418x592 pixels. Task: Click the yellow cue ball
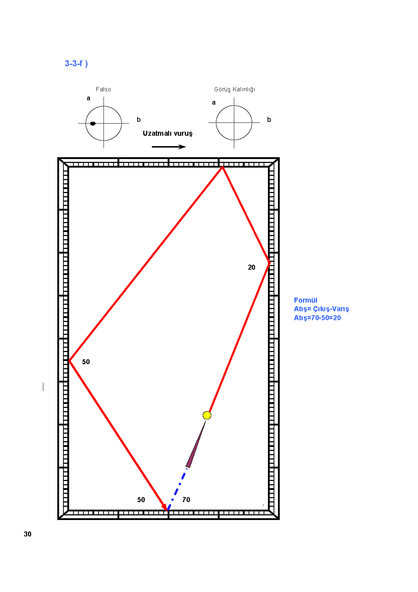(207, 415)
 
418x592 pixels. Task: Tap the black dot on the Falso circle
(93, 124)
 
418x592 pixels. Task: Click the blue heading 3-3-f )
(76, 63)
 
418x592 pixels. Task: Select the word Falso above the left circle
(104, 89)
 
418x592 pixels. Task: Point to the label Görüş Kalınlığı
(235, 90)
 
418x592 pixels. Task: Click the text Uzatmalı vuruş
(168, 133)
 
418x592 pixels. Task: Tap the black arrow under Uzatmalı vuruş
(169, 147)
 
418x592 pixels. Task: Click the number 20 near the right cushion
(251, 267)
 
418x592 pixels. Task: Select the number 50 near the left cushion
(86, 362)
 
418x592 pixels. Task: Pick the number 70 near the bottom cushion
(186, 500)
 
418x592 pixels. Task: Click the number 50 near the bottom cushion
(141, 500)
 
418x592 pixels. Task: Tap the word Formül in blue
(306, 300)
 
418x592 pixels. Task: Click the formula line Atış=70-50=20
(317, 318)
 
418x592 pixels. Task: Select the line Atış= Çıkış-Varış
(321, 309)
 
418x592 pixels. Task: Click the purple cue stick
(196, 444)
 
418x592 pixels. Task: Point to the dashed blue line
(177, 489)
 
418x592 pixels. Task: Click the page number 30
(28, 534)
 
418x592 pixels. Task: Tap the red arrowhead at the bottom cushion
(165, 507)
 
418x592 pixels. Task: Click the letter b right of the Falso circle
(139, 120)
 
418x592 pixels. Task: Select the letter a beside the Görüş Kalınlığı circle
(213, 102)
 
